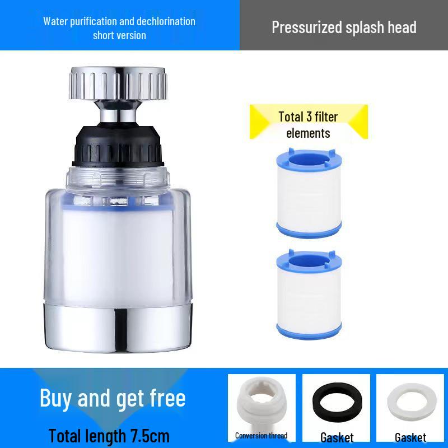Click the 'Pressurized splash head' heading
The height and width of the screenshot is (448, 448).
click(x=344, y=27)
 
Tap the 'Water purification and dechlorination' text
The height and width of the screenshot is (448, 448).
click(x=119, y=21)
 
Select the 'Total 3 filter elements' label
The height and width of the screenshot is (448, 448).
click(x=308, y=124)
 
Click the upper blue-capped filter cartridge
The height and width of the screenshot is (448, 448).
click(x=309, y=190)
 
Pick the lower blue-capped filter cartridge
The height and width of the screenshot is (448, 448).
click(x=309, y=293)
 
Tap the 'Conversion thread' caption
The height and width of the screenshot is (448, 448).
click(x=261, y=436)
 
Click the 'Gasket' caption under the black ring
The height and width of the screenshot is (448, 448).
click(x=337, y=437)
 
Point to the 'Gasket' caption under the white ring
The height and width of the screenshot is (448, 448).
click(x=410, y=437)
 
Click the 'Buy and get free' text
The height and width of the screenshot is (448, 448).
click(x=113, y=398)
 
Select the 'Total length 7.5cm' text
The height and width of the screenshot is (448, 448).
click(x=109, y=435)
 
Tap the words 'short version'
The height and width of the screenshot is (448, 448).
click(x=119, y=35)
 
